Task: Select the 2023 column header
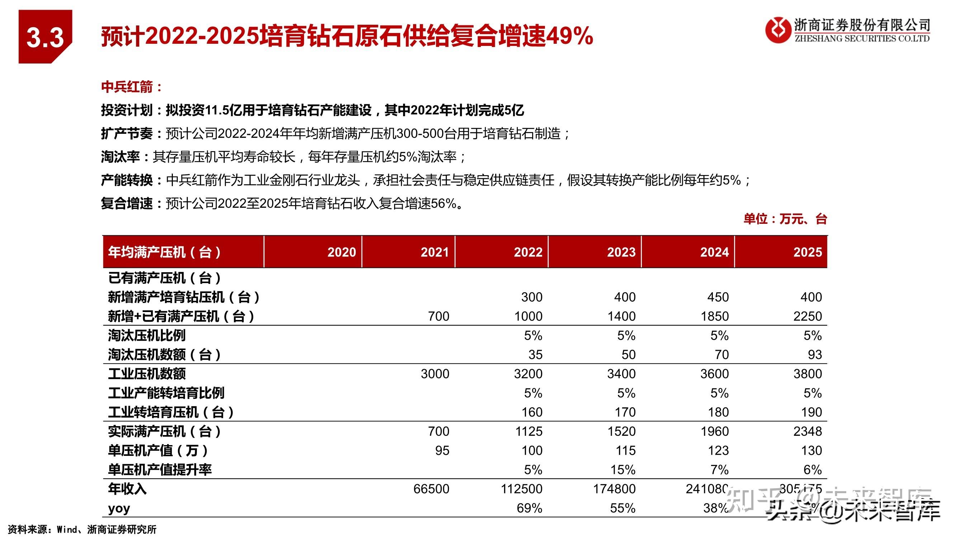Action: click(x=621, y=252)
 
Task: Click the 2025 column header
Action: click(x=808, y=252)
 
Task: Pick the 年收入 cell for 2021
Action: click(x=431, y=489)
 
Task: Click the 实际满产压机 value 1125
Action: click(x=529, y=431)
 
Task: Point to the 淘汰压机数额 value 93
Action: click(x=815, y=355)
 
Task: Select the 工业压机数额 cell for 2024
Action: click(x=714, y=373)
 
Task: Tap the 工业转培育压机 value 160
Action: click(x=531, y=412)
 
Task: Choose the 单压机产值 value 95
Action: click(x=442, y=450)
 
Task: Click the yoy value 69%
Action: click(x=529, y=508)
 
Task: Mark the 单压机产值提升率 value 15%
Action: click(x=623, y=470)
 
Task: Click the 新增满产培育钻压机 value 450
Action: click(x=718, y=297)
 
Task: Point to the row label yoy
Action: click(x=119, y=508)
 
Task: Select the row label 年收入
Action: click(x=127, y=489)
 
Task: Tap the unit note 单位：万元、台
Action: click(x=785, y=219)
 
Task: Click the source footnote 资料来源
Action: click(x=82, y=529)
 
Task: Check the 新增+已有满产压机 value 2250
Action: click(x=808, y=316)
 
